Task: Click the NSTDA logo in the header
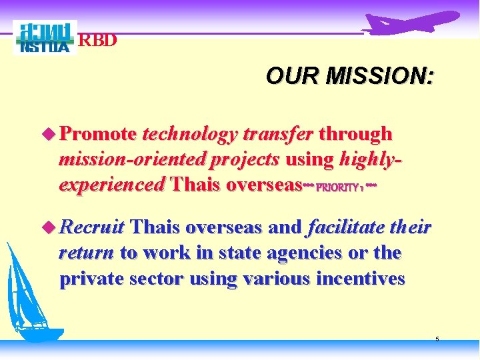tap(45, 38)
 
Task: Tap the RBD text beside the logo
tap(98, 40)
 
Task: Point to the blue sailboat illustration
tap(30, 293)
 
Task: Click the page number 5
tap(437, 339)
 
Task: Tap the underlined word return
tap(87, 253)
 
